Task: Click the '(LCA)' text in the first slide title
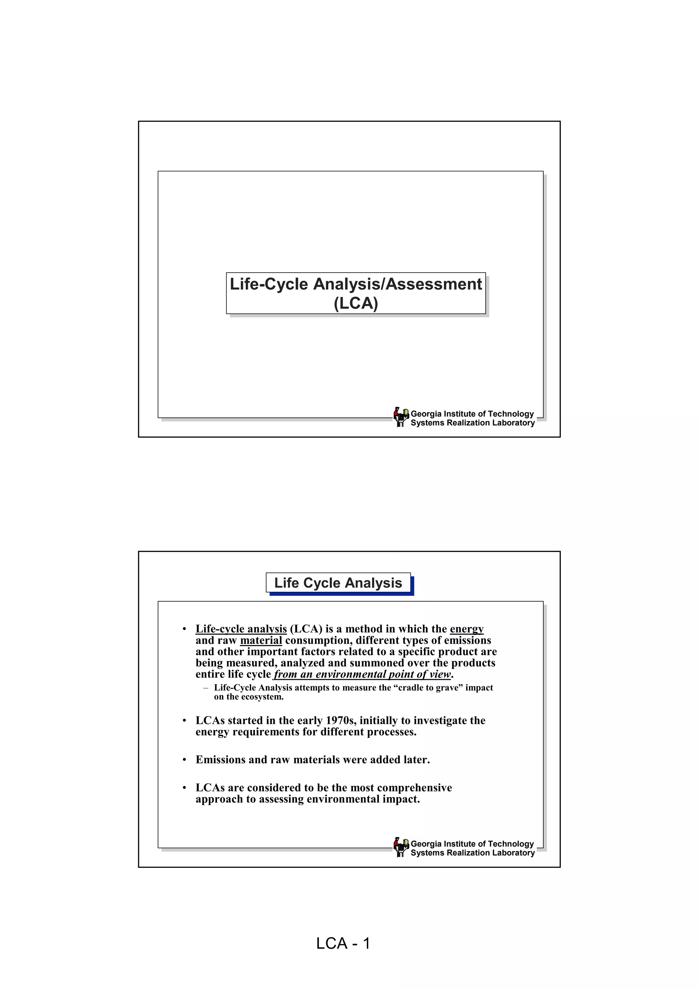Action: (x=356, y=303)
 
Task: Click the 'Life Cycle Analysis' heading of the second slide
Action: (x=338, y=583)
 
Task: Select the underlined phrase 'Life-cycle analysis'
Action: (x=241, y=629)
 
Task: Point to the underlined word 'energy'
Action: (x=467, y=629)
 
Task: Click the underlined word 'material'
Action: (x=261, y=641)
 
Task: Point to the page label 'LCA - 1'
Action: (x=343, y=943)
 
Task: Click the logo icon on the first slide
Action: (x=401, y=417)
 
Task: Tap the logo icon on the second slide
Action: (x=401, y=847)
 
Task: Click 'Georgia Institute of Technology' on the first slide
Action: (x=472, y=414)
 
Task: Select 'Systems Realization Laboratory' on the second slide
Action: (x=472, y=852)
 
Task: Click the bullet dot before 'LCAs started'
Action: (x=184, y=721)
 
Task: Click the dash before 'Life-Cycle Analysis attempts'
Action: (x=206, y=688)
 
